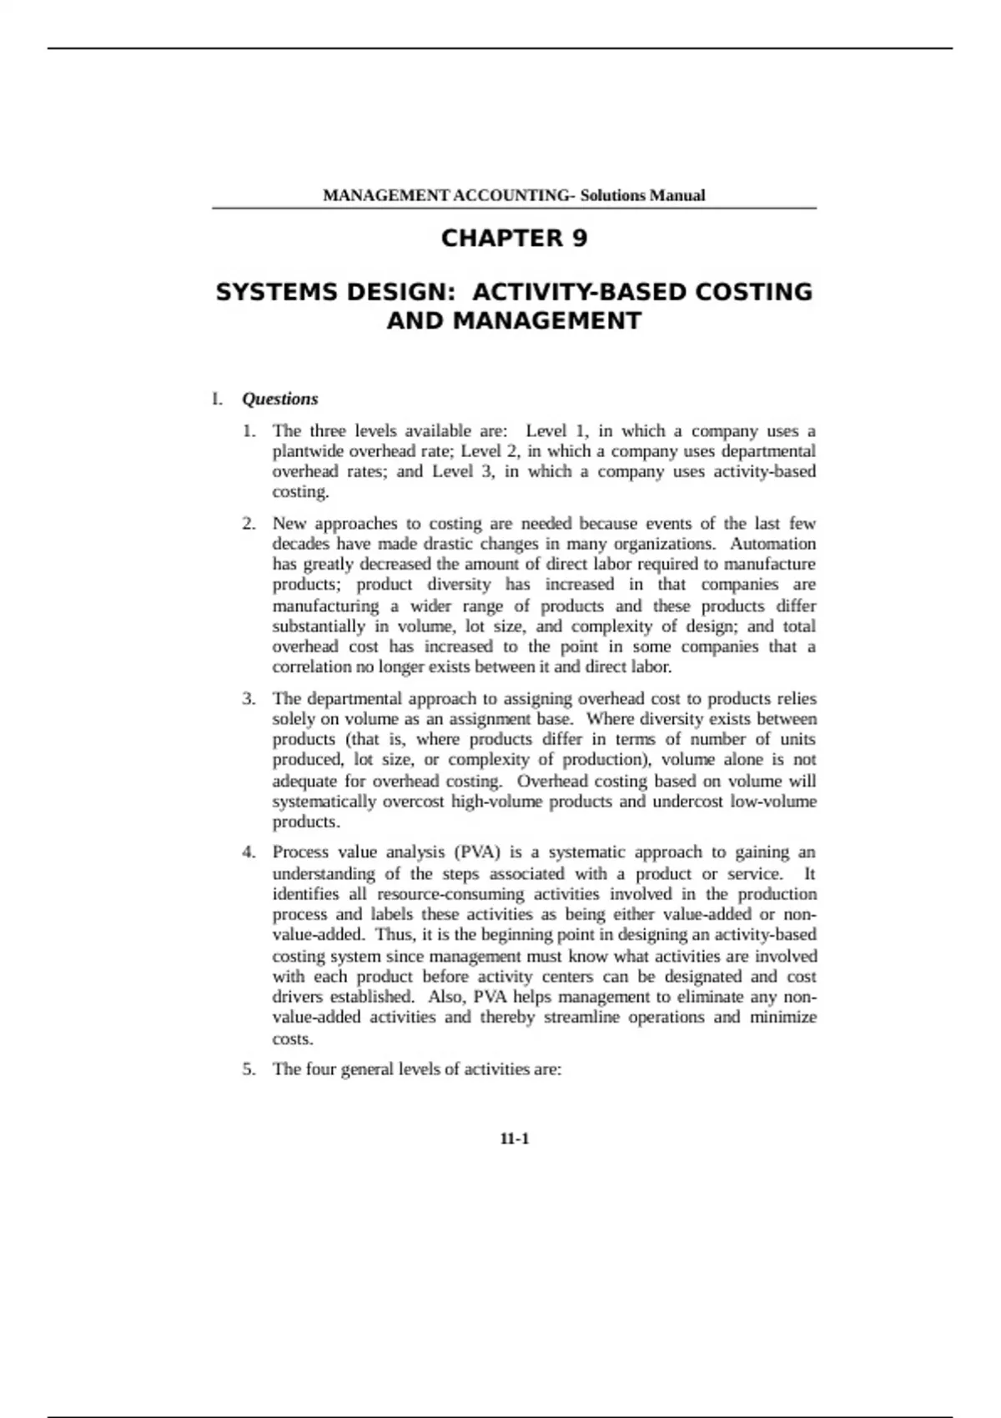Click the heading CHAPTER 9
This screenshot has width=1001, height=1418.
pyautogui.click(x=514, y=239)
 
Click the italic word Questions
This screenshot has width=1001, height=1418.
pyautogui.click(x=280, y=399)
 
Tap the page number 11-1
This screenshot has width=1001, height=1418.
pyautogui.click(x=515, y=1139)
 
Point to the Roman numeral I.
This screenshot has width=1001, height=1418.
pyautogui.click(x=217, y=399)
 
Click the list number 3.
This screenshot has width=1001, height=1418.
pyautogui.click(x=249, y=699)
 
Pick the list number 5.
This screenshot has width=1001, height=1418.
pyautogui.click(x=249, y=1069)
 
